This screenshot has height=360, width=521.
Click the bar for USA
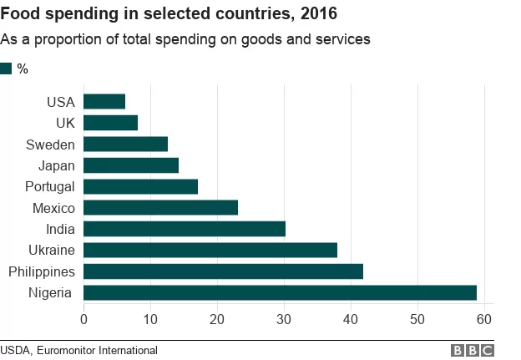click(x=104, y=101)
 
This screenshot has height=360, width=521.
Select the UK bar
click(x=111, y=123)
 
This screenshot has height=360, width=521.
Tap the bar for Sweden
click(x=125, y=144)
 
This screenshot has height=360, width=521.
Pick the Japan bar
click(x=131, y=165)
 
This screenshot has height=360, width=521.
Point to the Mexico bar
click(x=161, y=207)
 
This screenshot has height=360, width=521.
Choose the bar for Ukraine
click(x=210, y=250)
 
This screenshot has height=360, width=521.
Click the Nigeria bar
click(x=280, y=292)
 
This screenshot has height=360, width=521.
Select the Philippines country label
click(x=42, y=272)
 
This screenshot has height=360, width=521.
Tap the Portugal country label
click(x=50, y=187)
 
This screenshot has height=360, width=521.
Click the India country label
click(x=60, y=229)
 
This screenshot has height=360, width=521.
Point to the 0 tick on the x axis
click(x=83, y=319)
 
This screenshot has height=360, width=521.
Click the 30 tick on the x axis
click(x=284, y=319)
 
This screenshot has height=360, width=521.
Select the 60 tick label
click(x=484, y=319)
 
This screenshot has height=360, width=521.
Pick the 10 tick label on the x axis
click(x=150, y=319)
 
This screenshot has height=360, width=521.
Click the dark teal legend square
click(x=6, y=68)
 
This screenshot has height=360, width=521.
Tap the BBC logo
click(x=473, y=350)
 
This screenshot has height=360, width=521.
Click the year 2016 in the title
click(x=319, y=13)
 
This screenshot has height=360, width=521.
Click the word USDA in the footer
click(x=16, y=351)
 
